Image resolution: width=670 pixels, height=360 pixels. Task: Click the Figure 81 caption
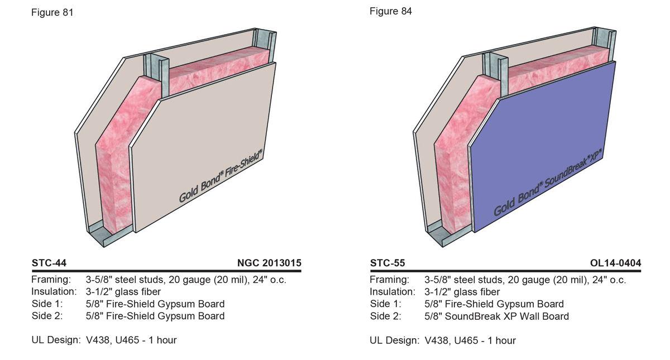click(x=52, y=12)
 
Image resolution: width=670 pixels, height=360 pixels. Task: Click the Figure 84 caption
click(x=391, y=11)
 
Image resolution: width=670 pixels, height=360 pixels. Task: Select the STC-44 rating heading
click(x=49, y=263)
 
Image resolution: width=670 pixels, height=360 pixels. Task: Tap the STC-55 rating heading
click(x=387, y=263)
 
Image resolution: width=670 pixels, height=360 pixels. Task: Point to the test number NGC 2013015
click(x=269, y=263)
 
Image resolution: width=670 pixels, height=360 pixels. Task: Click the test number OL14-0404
click(x=615, y=263)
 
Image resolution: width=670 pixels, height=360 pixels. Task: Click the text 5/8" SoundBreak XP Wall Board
click(x=496, y=316)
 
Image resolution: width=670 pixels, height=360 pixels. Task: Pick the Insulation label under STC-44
click(x=54, y=292)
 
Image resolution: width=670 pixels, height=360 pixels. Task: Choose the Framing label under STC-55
click(x=389, y=280)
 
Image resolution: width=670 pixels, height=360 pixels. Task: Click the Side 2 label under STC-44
click(x=47, y=316)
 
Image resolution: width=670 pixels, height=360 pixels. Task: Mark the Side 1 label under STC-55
click(x=385, y=304)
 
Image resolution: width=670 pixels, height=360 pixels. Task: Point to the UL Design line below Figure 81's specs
click(x=104, y=340)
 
